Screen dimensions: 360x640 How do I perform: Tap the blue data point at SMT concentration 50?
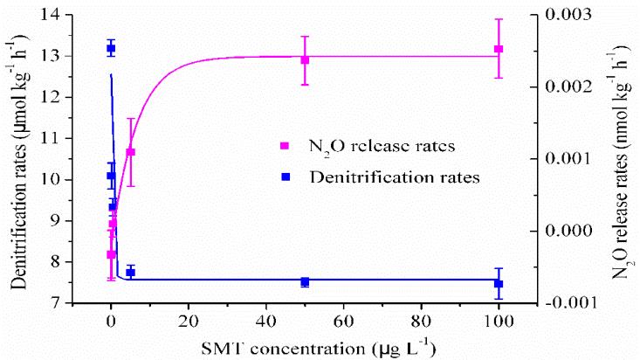(305, 282)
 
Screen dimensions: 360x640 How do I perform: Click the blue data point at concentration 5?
(130, 273)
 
